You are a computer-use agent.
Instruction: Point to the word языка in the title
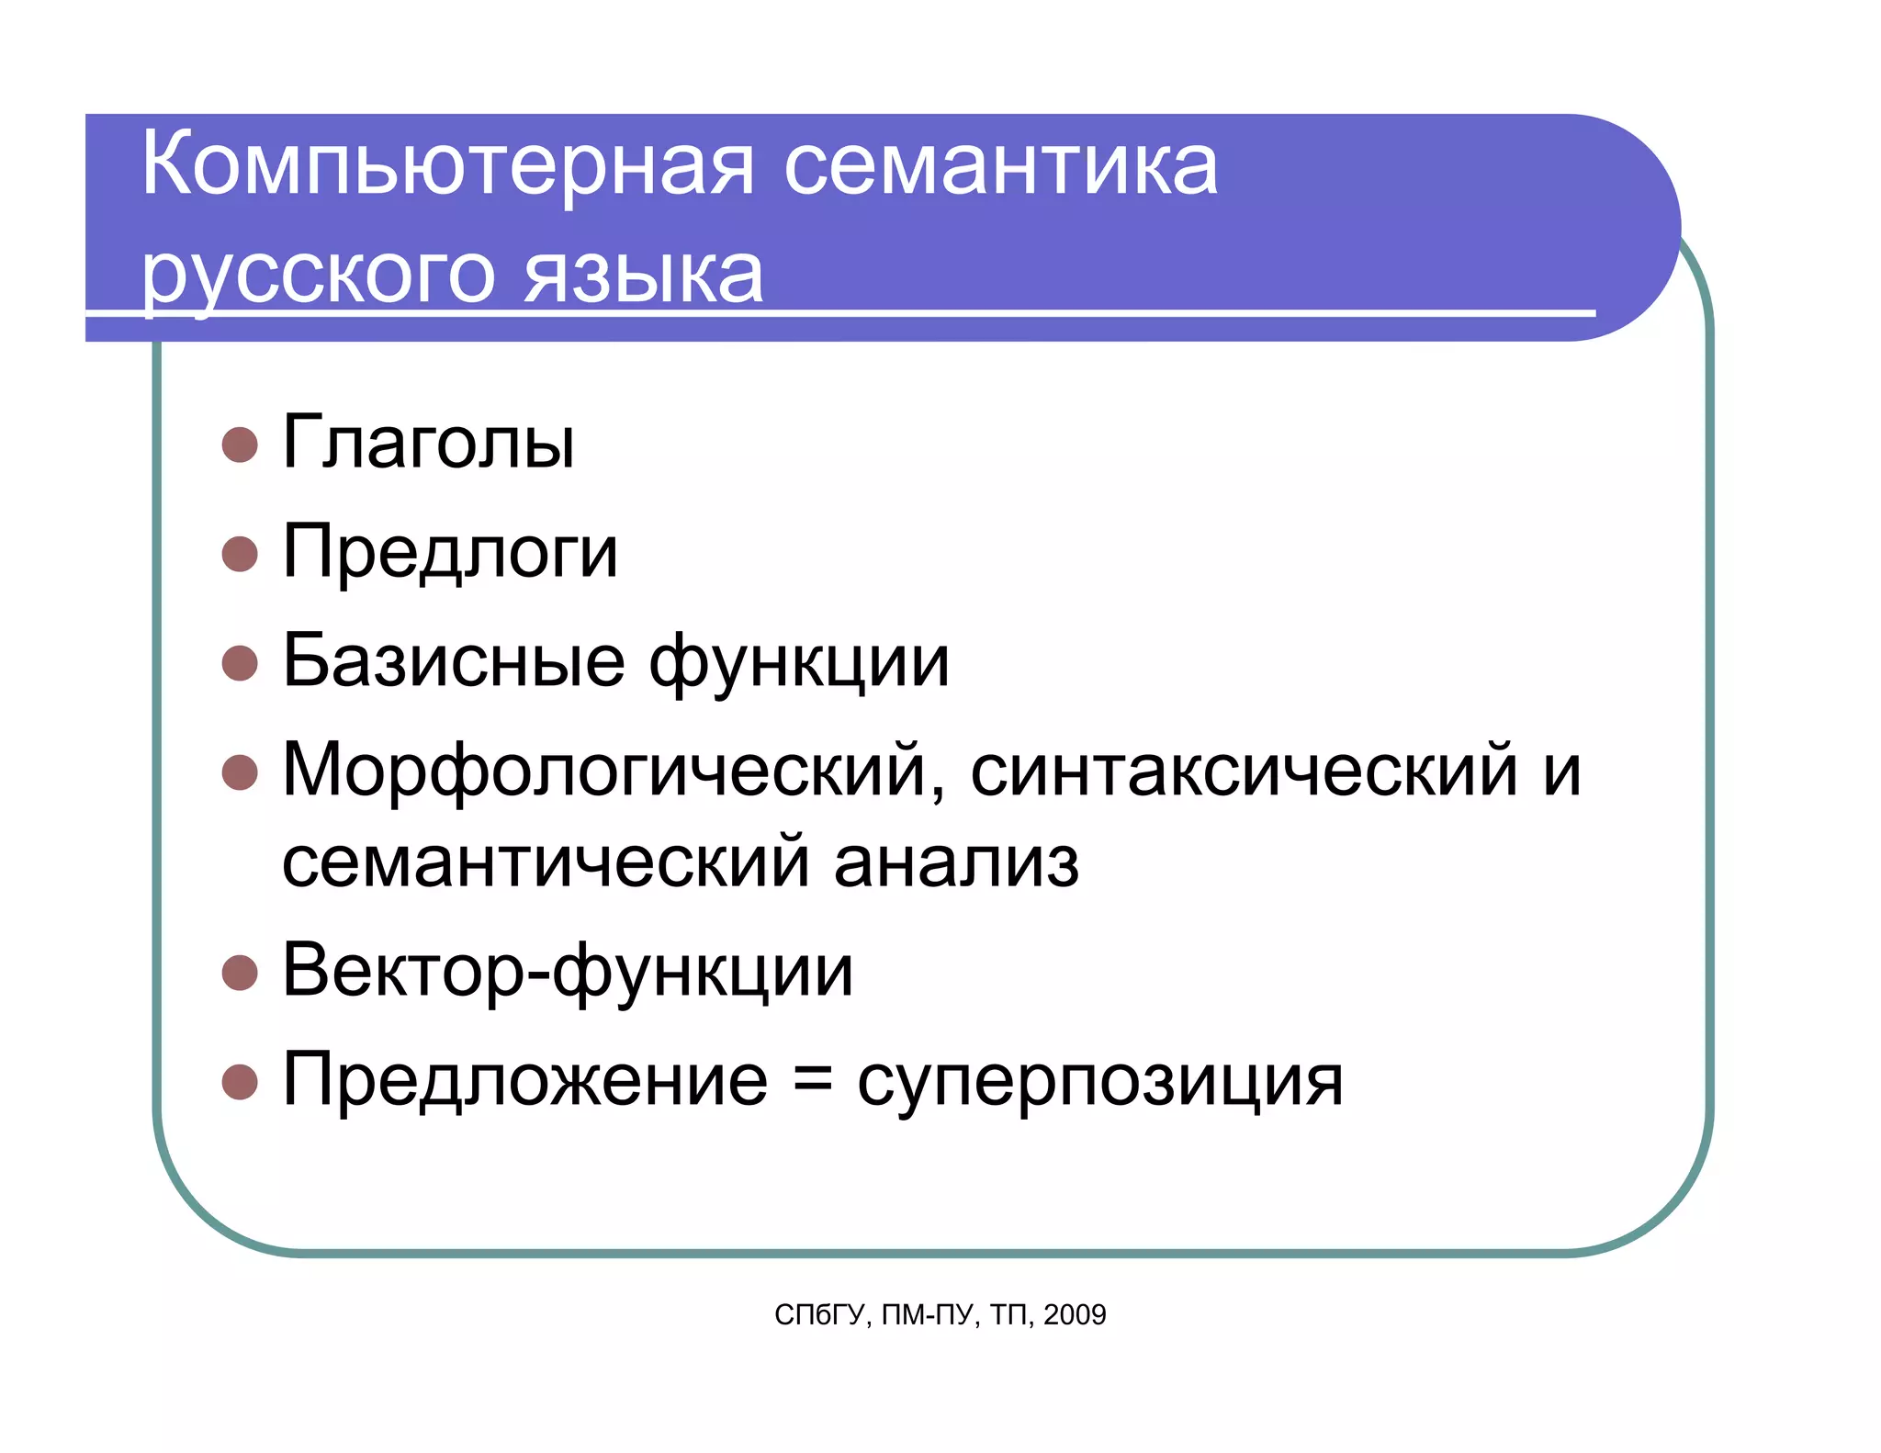pos(643,275)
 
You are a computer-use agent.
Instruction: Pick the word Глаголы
pos(428,443)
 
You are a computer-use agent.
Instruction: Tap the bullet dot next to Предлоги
pos(240,554)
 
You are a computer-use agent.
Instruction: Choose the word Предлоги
pos(450,553)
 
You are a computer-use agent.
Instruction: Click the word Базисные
pos(454,661)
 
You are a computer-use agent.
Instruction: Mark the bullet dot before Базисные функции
pos(240,662)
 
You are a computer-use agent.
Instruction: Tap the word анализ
pos(956,862)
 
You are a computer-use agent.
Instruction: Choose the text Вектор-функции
pos(568,972)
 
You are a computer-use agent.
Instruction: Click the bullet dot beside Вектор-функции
pos(240,973)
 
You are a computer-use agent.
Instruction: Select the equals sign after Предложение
pos(812,1081)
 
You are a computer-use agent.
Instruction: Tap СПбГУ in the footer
pos(819,1315)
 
